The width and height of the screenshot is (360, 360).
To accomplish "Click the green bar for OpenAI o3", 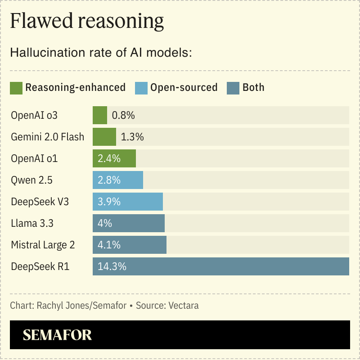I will click(100, 115).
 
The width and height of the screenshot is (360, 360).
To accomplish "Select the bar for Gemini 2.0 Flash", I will click(104, 137).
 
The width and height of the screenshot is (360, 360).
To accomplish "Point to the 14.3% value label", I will click(112, 266).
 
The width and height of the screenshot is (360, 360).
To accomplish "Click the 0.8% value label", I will click(123, 115).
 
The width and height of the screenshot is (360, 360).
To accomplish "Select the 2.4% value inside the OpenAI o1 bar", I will click(109, 158).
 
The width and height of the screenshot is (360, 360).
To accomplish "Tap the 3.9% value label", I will click(109, 202).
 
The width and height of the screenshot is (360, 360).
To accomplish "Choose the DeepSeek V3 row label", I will click(40, 202).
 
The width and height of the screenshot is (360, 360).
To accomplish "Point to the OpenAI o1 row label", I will click(34, 158).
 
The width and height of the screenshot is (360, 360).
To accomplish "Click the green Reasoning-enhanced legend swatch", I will click(16, 88).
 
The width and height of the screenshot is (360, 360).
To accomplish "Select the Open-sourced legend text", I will click(184, 87).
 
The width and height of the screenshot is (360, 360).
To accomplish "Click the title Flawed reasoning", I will click(87, 21).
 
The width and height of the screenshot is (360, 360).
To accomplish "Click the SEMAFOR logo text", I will click(57, 335).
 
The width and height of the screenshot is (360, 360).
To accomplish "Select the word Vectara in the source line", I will click(183, 306).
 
